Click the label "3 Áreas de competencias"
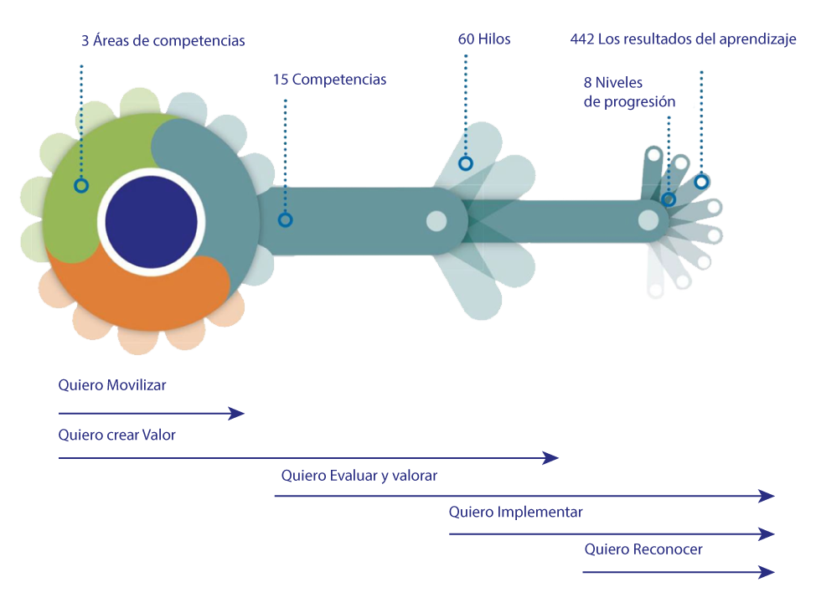[x=163, y=40]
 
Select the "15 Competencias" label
[x=329, y=80]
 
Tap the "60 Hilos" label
[x=483, y=39]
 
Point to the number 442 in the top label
[x=582, y=39]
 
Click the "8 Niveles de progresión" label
[x=628, y=92]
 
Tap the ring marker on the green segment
[x=80, y=185]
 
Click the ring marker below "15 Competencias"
[x=285, y=220]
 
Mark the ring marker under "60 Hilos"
[x=466, y=164]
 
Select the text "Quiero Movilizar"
[x=111, y=385]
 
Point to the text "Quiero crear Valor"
[x=116, y=435]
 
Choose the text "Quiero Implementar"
[x=515, y=512]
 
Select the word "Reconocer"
[x=668, y=549]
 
